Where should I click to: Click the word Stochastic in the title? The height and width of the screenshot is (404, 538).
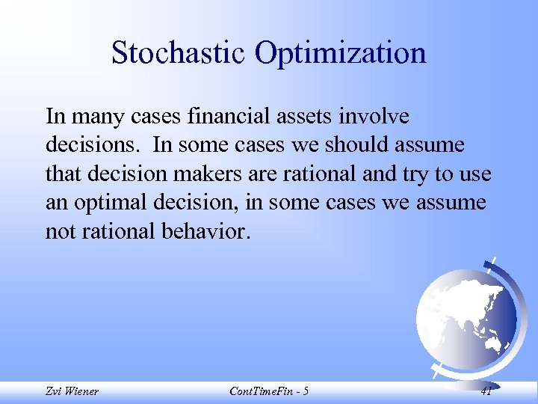[178, 53]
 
